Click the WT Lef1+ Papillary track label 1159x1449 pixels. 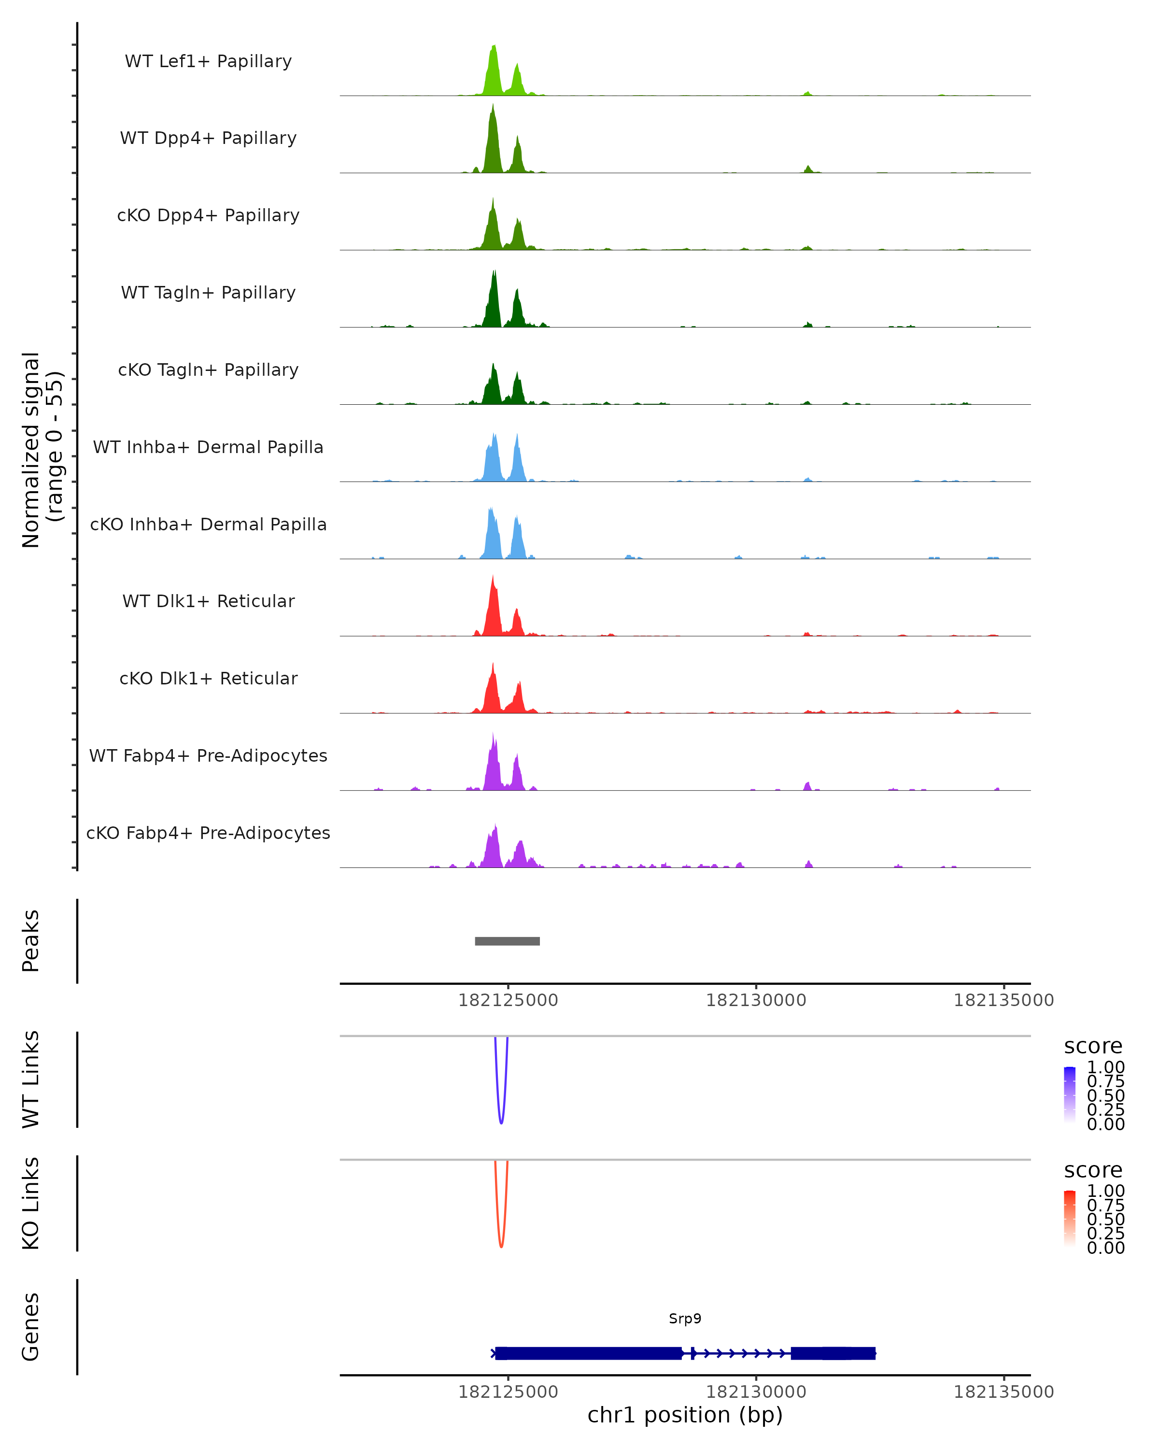click(x=208, y=61)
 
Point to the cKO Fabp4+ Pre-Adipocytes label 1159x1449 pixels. click(x=208, y=833)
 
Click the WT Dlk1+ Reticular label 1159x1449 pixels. click(x=208, y=601)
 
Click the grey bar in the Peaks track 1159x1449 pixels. click(x=507, y=941)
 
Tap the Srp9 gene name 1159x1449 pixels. click(x=685, y=1319)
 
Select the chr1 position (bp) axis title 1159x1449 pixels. click(x=685, y=1415)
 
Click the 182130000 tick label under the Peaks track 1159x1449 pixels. click(x=756, y=1000)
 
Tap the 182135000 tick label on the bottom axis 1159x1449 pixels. click(x=1004, y=1391)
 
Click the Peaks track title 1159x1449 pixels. click(x=31, y=941)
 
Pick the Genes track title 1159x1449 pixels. click(x=31, y=1327)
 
